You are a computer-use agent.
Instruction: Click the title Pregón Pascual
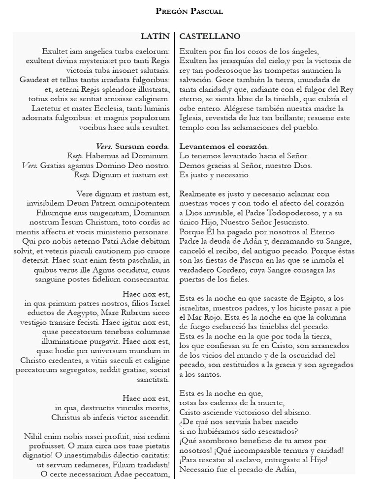(x=189, y=11)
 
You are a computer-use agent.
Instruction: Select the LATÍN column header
(x=155, y=37)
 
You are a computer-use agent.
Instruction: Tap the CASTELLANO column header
(x=210, y=37)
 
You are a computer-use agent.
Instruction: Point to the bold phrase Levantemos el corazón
(x=224, y=146)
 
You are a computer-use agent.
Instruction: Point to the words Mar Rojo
(x=203, y=317)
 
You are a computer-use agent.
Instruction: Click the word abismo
(x=296, y=412)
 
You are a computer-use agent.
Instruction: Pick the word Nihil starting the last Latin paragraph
(x=34, y=436)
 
